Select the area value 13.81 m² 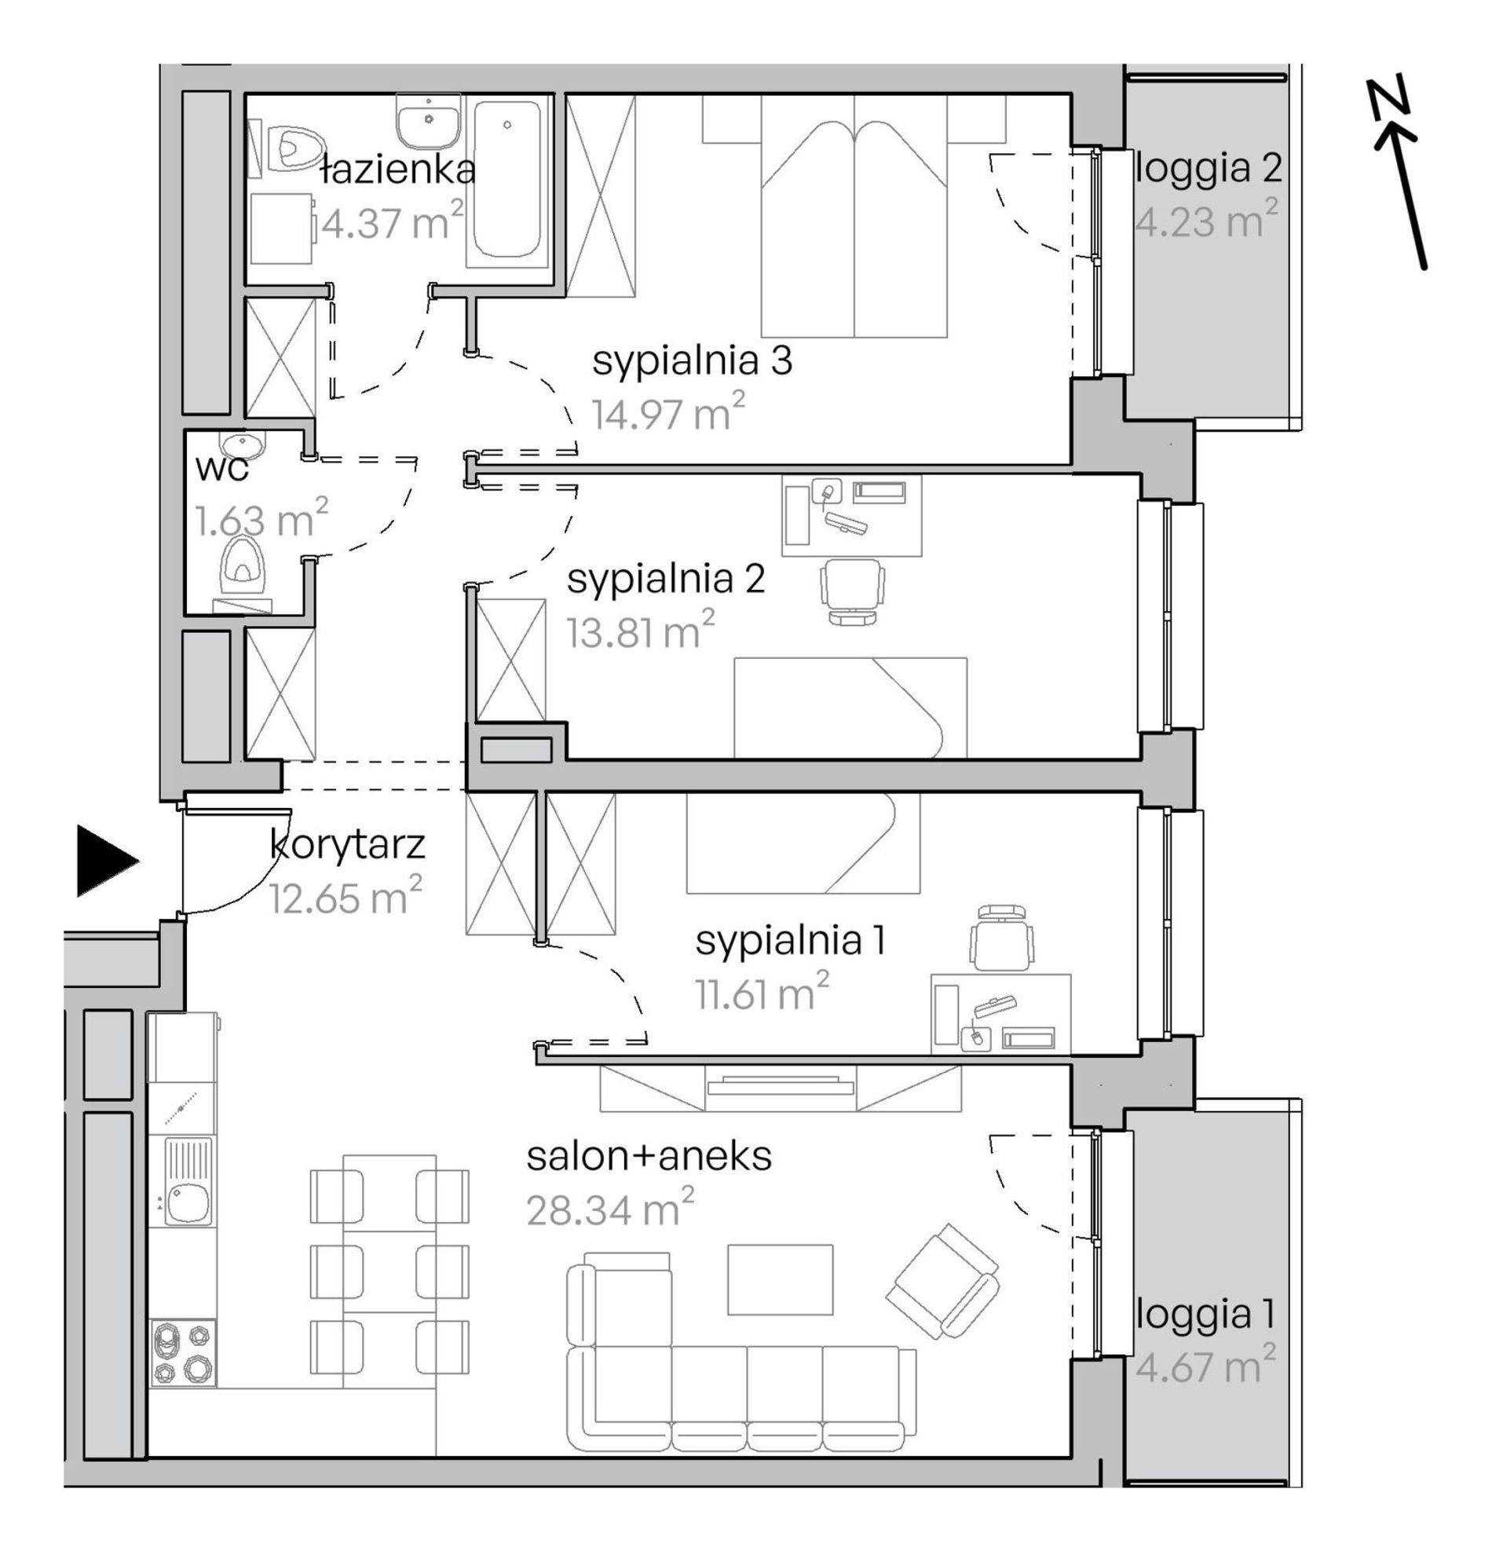click(640, 631)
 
